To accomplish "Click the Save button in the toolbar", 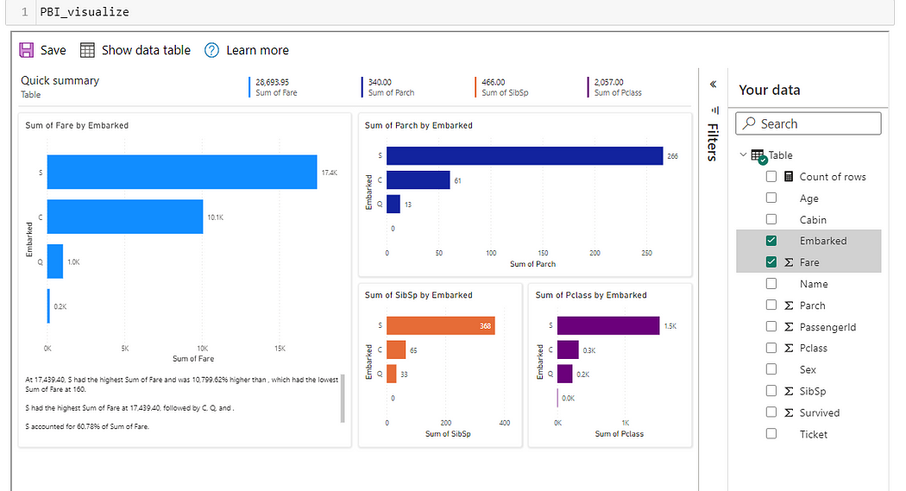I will [42, 50].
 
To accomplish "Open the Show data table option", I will [135, 50].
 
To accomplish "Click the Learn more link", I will [247, 50].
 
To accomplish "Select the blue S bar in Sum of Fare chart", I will [181, 172].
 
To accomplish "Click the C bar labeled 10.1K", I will [124, 217].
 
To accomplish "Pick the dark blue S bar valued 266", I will [525, 155].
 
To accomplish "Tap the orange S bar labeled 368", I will [440, 325].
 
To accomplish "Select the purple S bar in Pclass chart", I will [607, 325].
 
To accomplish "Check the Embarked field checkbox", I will [771, 241].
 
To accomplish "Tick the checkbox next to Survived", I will [771, 412].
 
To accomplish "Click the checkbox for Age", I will [771, 198].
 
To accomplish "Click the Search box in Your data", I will [808, 124].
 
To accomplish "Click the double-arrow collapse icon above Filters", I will [713, 85].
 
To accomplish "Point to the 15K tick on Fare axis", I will [280, 349].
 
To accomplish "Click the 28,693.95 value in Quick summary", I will [272, 82].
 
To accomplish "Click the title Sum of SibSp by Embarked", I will [418, 295].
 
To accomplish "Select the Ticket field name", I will [813, 434].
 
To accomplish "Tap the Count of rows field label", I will [832, 177].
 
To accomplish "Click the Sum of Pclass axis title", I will [619, 434].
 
